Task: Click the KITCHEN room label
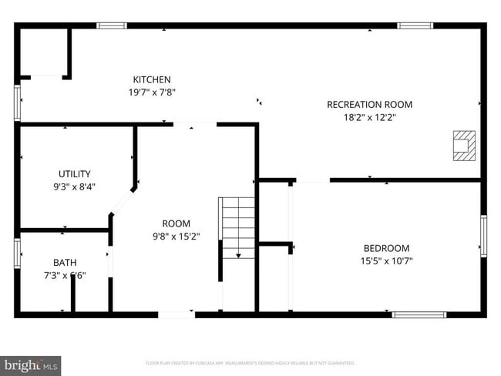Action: pyautogui.click(x=152, y=80)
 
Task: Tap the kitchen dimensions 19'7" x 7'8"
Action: pyautogui.click(x=152, y=92)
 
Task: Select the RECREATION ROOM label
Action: pyautogui.click(x=369, y=105)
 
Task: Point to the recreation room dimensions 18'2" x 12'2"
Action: pyautogui.click(x=369, y=117)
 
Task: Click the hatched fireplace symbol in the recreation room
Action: pyautogui.click(x=462, y=145)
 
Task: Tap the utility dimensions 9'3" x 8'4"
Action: pyautogui.click(x=75, y=186)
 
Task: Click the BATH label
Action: pyautogui.click(x=65, y=263)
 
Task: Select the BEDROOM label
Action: pyautogui.click(x=386, y=248)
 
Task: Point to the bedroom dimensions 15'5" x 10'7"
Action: pyautogui.click(x=386, y=260)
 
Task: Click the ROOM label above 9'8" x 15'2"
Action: pyautogui.click(x=176, y=224)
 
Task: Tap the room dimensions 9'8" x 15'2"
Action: pyautogui.click(x=175, y=237)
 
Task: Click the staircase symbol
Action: pyautogui.click(x=238, y=227)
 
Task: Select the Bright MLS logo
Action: pyautogui.click(x=31, y=364)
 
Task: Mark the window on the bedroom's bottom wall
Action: pyautogui.click(x=419, y=314)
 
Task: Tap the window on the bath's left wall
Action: pyautogui.click(x=16, y=253)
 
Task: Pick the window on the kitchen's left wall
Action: pyautogui.click(x=17, y=102)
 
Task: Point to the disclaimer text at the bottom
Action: pyautogui.click(x=250, y=362)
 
